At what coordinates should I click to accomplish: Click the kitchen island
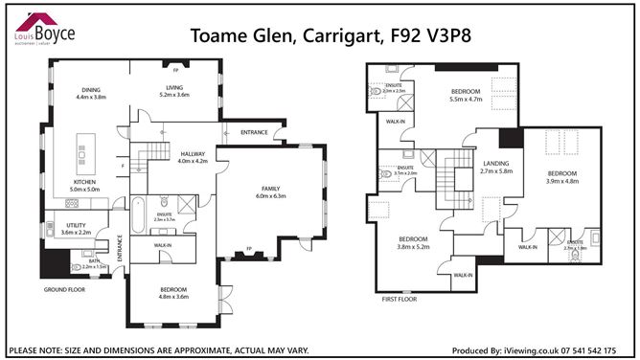81,154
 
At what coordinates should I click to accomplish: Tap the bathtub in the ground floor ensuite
138,215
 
